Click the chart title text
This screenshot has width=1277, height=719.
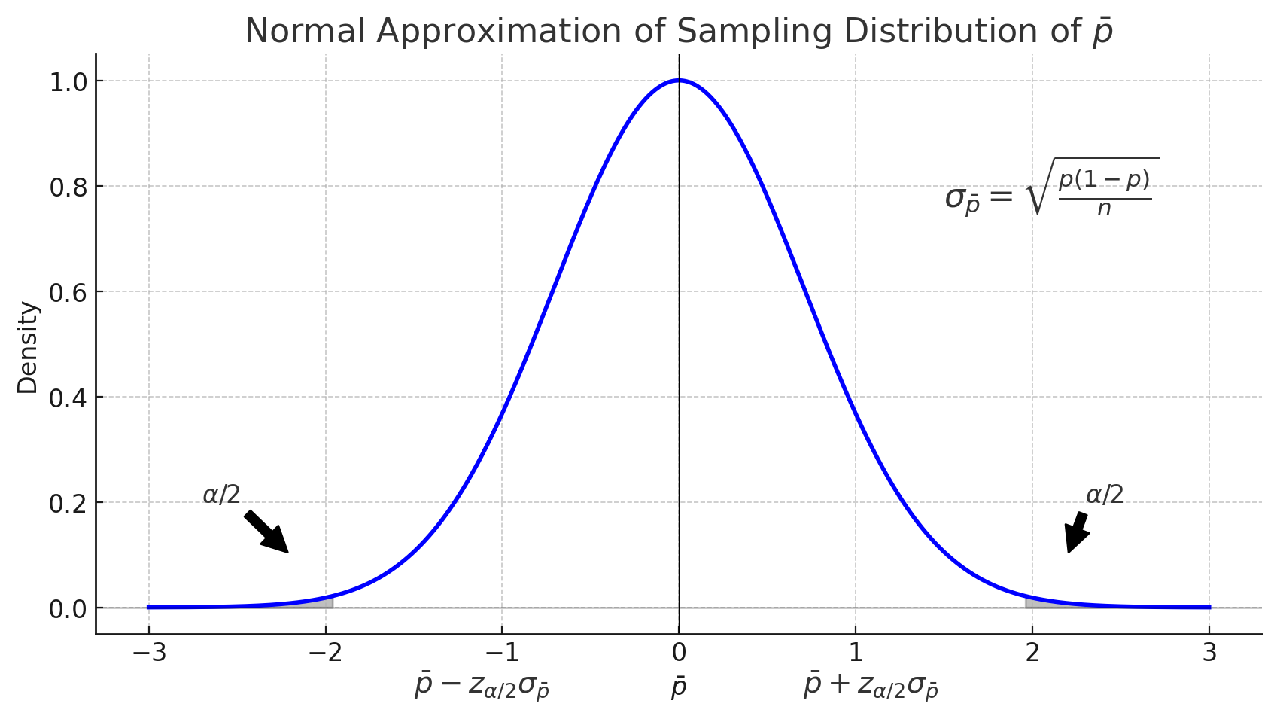[x=679, y=32]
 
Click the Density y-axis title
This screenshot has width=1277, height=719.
[x=28, y=347]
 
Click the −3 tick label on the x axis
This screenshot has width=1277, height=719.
[x=148, y=653]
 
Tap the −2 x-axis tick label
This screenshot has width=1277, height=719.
[x=325, y=653]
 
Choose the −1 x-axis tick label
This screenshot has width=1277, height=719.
[x=502, y=653]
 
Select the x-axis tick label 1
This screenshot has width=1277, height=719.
[x=856, y=653]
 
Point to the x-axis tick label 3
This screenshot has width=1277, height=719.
[x=1209, y=653]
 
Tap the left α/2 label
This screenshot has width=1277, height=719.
[x=221, y=495]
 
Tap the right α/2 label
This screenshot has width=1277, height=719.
[x=1105, y=495]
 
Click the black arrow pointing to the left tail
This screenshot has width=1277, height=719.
[x=267, y=532]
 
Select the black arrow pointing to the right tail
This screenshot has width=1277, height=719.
[x=1077, y=532]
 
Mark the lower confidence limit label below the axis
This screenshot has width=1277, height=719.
[x=482, y=687]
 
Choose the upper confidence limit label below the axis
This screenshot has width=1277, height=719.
[x=871, y=687]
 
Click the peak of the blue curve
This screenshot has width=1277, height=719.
[x=679, y=81]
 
